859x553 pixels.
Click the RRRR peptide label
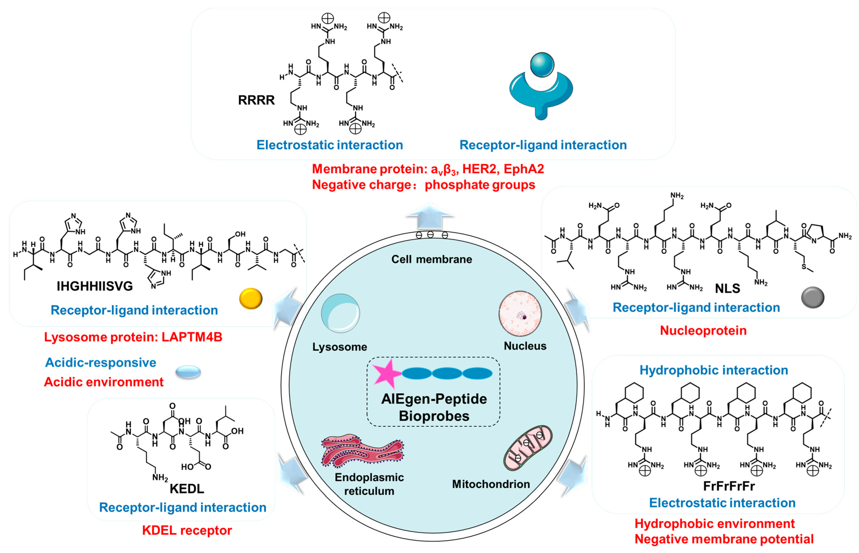[x=256, y=100]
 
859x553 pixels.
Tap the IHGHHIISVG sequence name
[x=95, y=286]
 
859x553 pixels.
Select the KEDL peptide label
[x=187, y=489]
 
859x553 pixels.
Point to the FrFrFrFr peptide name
[x=729, y=486]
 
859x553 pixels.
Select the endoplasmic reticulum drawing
[x=362, y=451]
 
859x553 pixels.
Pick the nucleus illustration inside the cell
[x=520, y=314]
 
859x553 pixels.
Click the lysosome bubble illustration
[x=340, y=313]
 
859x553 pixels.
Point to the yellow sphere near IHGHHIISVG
[x=251, y=298]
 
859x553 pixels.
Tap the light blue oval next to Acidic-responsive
[x=188, y=372]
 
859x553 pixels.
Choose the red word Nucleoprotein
[x=703, y=330]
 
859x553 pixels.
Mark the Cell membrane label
[x=432, y=259]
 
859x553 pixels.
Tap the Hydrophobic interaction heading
[x=714, y=370]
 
